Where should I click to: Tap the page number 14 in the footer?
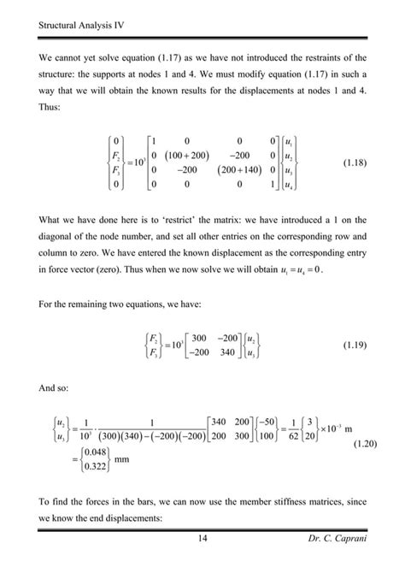(x=202, y=537)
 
